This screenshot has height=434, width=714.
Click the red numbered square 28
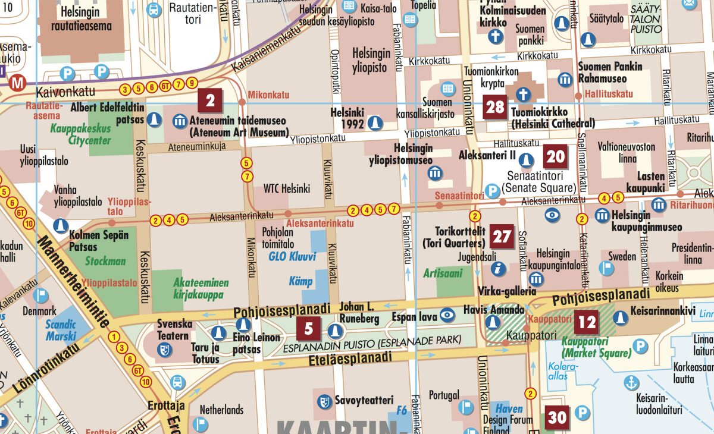point(495,108)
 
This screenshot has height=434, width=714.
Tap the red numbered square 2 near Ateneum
point(210,100)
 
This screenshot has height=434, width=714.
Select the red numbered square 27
point(502,237)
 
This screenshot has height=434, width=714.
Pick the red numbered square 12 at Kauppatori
point(587,323)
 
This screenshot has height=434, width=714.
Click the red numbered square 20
point(555,157)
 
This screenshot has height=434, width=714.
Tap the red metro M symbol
point(17,83)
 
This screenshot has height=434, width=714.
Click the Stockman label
point(105,261)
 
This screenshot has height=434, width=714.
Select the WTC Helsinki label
point(287,189)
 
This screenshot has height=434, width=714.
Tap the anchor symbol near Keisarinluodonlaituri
point(631,383)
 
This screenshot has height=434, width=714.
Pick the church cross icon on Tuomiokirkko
point(522,94)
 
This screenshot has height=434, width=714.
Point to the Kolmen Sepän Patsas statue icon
point(59,225)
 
